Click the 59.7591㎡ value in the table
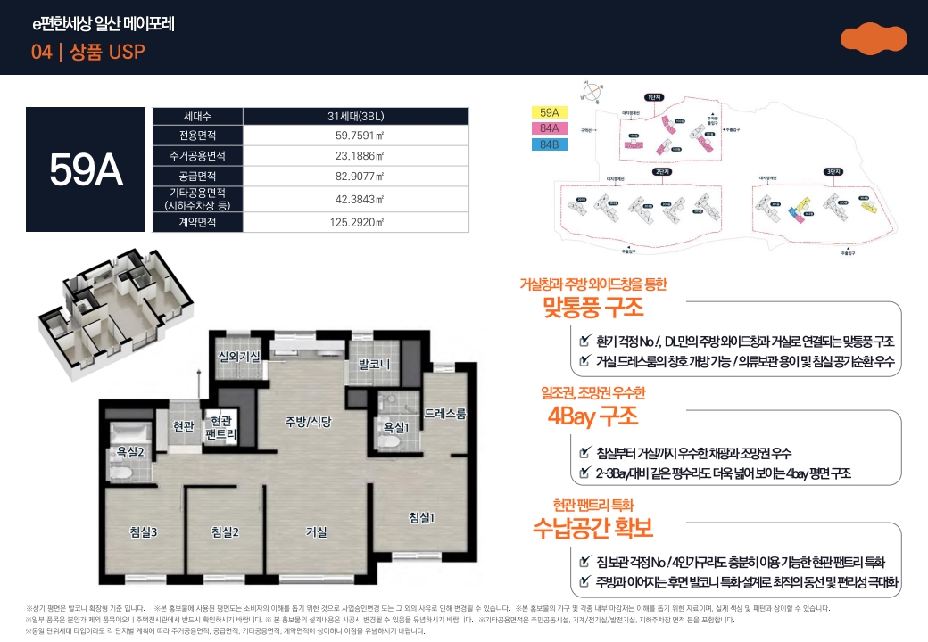355,136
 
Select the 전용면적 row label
198,136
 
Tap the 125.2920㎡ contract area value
355,222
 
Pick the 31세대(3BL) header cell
355,116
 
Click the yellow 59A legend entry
549,113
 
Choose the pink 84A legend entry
549,128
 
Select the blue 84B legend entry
549,144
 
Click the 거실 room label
317,532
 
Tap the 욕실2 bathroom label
130,452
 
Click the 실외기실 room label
239,357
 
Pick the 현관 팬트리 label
220,427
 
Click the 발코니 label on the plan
374,364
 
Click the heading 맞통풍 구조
592,309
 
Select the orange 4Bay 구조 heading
592,416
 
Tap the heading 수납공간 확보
592,527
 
